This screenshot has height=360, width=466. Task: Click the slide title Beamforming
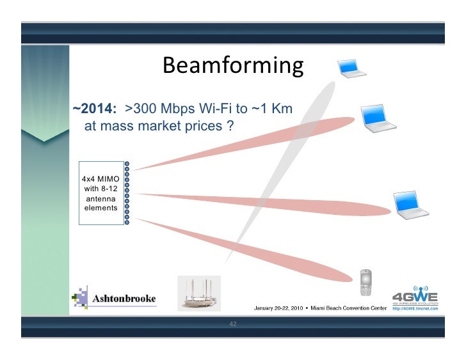[232, 66]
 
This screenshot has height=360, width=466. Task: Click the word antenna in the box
[100, 198]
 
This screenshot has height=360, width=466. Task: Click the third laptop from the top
[408, 205]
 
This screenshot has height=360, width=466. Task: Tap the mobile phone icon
[366, 282]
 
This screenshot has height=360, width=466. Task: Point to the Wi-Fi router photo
[199, 293]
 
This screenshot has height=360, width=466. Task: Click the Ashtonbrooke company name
[124, 299]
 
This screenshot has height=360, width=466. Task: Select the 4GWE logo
[415, 296]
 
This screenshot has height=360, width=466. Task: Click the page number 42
[232, 324]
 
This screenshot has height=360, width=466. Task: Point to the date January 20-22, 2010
[278, 309]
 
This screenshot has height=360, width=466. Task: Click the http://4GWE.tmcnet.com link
[415, 308]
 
